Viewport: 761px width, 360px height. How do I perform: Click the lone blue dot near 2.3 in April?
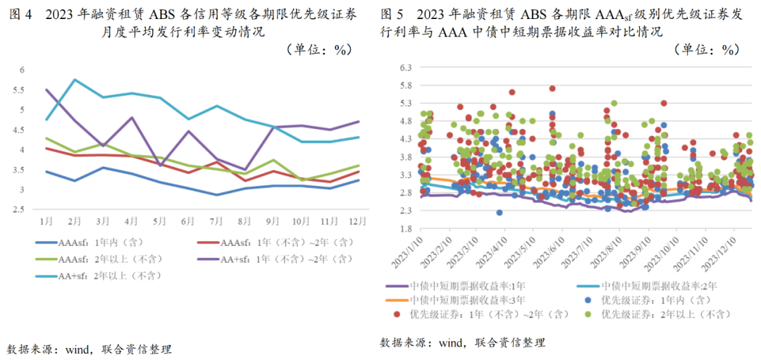click(500, 212)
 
